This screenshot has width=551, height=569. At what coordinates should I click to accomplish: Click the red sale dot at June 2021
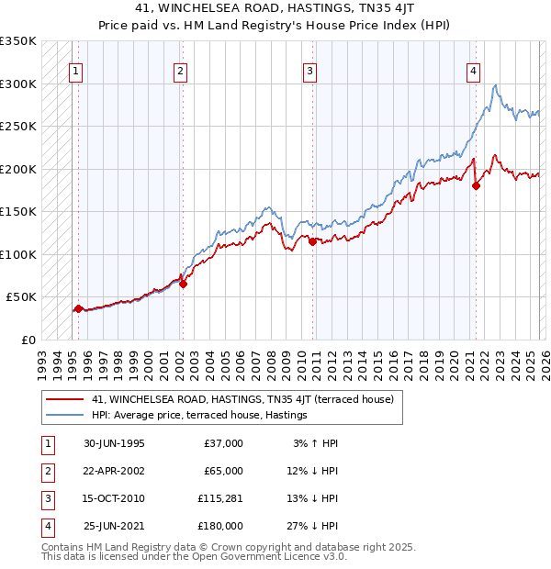pos(476,186)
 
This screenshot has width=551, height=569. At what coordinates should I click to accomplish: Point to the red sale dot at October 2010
pos(313,241)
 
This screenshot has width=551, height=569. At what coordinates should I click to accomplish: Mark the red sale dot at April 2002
pos(183,284)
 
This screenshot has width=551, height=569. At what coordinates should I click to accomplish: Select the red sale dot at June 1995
pos(79,308)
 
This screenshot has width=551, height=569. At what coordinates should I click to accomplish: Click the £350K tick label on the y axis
pos(17,41)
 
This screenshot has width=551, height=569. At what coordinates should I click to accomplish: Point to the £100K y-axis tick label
pos(17,254)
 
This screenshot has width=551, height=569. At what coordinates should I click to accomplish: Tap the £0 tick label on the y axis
pos(27,340)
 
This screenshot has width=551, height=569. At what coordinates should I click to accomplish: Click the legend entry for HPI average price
pos(198,416)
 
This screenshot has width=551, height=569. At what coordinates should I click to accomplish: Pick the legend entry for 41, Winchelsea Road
pos(242,399)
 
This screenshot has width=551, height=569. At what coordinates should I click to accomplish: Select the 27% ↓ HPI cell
pos(314,526)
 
